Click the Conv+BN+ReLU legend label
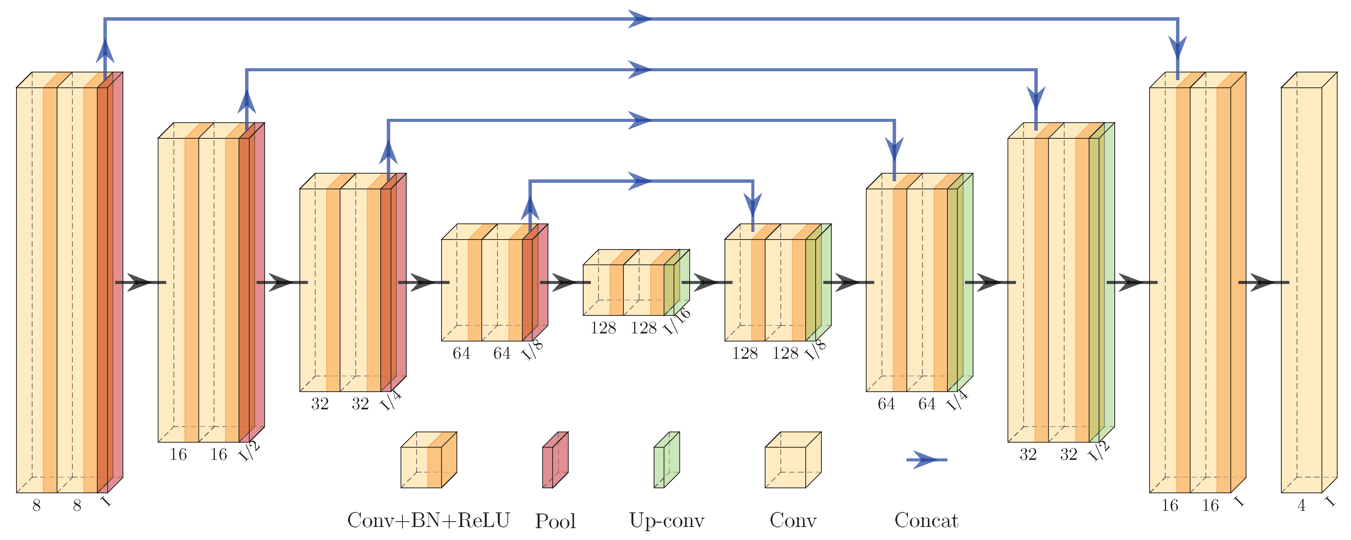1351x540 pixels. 428,520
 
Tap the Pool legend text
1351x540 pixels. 555,521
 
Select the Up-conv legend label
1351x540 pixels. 667,520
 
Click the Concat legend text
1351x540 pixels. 926,520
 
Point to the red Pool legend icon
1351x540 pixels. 554,460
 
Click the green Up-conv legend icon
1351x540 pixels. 666,460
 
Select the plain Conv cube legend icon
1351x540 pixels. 792,460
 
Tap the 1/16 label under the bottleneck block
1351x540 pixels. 677,321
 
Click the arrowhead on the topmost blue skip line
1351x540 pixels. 640,19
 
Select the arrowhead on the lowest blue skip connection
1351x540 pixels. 640,181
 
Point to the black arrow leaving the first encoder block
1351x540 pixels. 139,282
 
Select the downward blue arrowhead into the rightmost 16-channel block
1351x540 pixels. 1178,50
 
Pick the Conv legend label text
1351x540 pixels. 792,520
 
